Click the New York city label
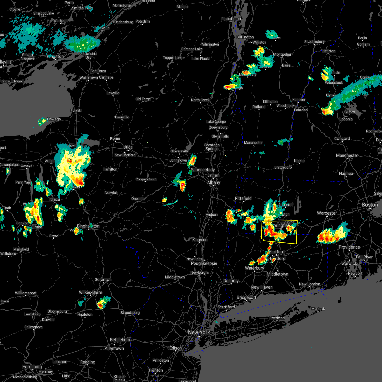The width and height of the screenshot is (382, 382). coord(199,332)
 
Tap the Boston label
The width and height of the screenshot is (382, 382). coord(370,205)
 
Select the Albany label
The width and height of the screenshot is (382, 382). coord(214,182)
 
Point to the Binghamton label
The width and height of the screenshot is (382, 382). coord(88,226)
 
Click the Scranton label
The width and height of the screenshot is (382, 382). coord(103,279)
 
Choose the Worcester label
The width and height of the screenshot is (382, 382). coord(327,213)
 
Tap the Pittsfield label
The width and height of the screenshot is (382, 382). coord(243,198)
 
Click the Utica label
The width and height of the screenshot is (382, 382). coord(128,147)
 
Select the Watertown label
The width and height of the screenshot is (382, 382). coord(88,78)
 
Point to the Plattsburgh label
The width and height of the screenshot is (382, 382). coord(231,19)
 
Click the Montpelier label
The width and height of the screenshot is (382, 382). coord(282,54)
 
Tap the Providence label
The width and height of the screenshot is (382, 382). coord(349,247)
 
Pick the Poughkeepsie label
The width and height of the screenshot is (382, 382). coord(204,263)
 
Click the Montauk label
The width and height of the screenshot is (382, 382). coord(318,309)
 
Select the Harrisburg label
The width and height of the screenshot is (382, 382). coord(32,367)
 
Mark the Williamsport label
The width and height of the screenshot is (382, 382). coord(25,293)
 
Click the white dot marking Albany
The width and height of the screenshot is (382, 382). coord(214,186)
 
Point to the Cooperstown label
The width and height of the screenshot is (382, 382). coord(146,179)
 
